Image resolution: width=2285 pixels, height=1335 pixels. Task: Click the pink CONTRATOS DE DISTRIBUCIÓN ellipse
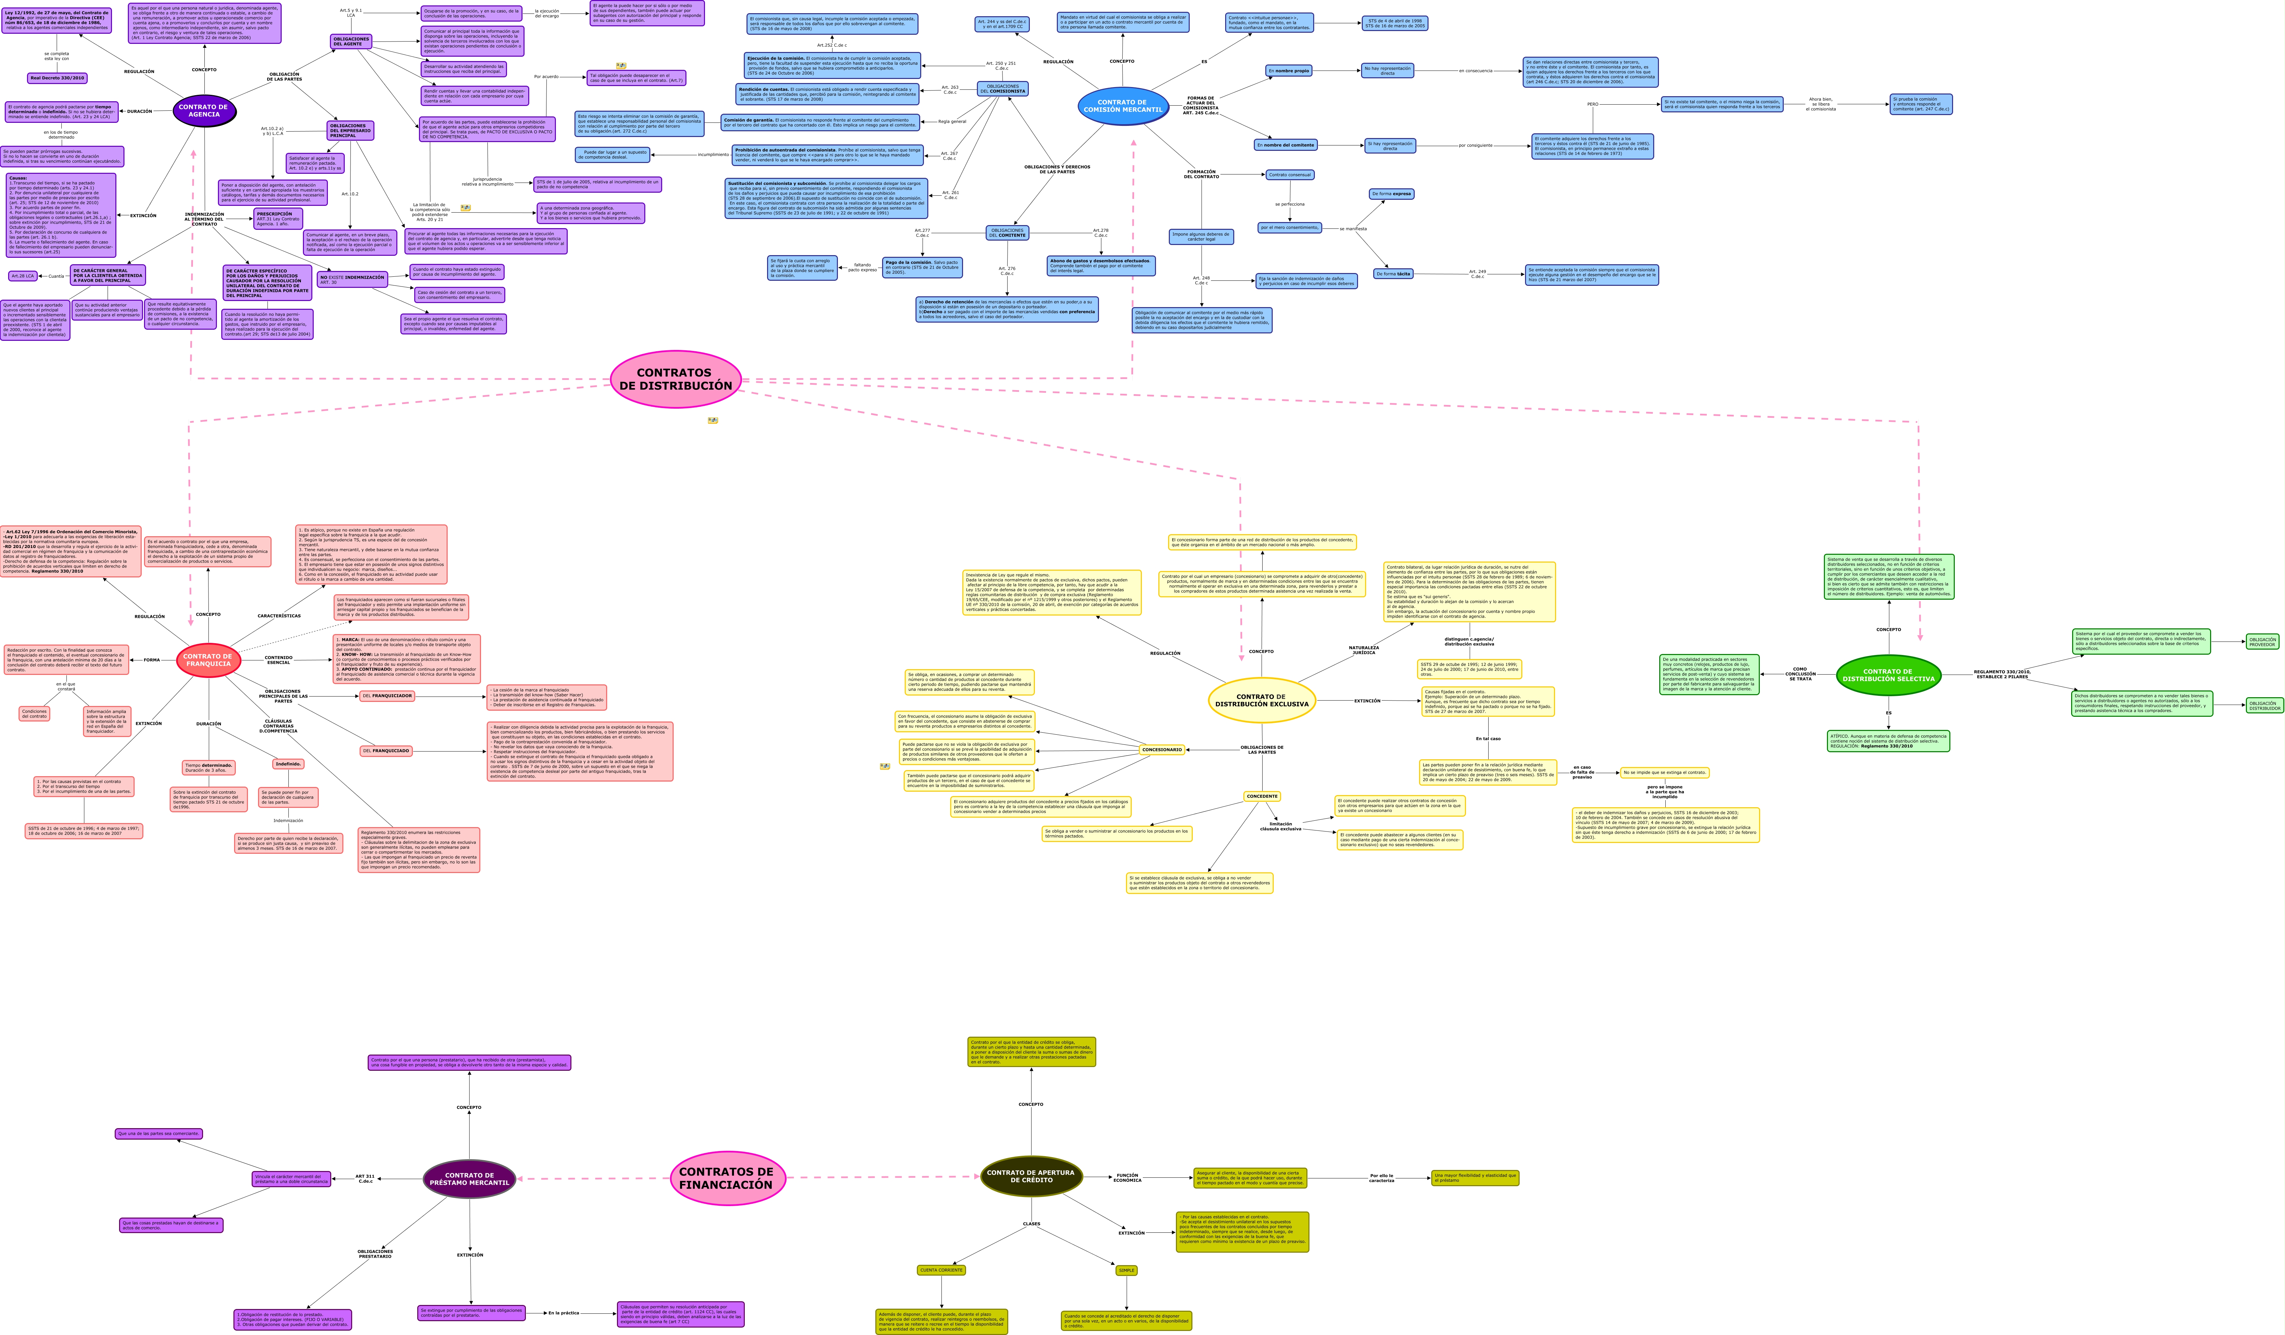[676, 379]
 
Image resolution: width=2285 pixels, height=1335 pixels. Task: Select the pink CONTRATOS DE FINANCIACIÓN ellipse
[727, 1178]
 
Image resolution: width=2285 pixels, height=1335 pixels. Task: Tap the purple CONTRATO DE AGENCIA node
[204, 111]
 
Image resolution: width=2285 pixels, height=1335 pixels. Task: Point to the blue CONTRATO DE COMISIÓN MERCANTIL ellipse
[1123, 106]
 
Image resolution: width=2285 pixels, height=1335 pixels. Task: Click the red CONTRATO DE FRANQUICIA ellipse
[208, 660]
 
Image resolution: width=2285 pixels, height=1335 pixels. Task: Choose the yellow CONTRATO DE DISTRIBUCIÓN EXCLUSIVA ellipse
[1261, 700]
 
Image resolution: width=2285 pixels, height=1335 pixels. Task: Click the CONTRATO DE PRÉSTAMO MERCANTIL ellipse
[469, 1179]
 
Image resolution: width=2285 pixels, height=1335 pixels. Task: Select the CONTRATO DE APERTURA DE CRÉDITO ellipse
[1031, 1176]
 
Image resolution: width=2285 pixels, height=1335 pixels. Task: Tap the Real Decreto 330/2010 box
[57, 78]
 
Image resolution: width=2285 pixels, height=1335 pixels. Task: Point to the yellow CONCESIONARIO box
[1161, 750]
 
